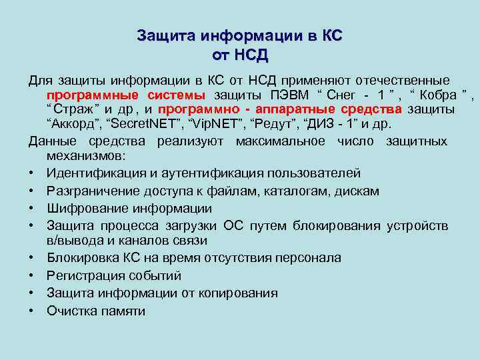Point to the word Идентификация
88,173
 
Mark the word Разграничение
89,191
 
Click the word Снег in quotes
347,95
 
